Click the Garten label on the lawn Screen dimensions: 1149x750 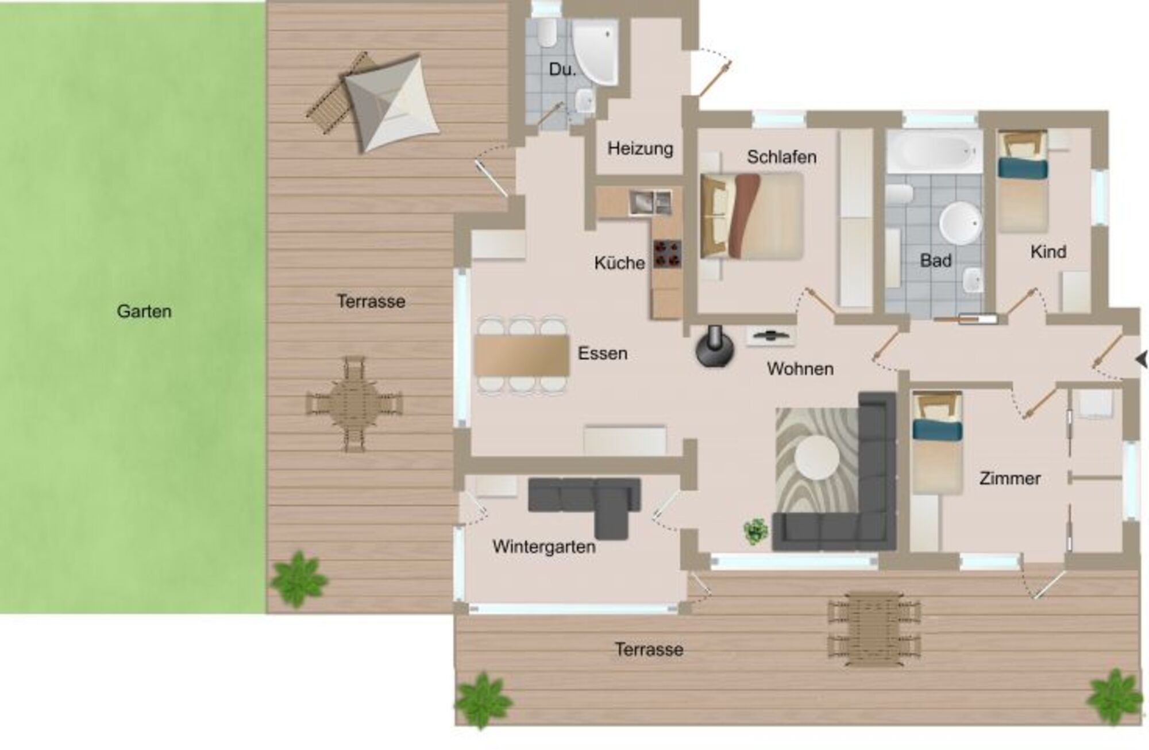click(144, 311)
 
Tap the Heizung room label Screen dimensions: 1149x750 click(641, 149)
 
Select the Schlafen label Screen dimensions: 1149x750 click(782, 157)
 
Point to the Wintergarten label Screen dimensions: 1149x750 click(544, 547)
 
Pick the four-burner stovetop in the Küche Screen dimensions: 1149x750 click(667, 254)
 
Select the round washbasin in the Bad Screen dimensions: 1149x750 click(960, 223)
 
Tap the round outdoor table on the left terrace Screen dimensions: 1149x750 click(354, 404)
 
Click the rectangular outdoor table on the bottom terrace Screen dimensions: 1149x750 click(873, 629)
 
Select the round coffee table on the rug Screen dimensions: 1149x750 click(818, 458)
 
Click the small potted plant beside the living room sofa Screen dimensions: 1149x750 click(756, 531)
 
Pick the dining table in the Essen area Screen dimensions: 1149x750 click(522, 355)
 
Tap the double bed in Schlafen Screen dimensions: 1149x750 click(751, 217)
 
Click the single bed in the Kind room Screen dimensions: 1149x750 click(1023, 181)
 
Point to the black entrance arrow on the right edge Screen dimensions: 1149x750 click(1142, 360)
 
